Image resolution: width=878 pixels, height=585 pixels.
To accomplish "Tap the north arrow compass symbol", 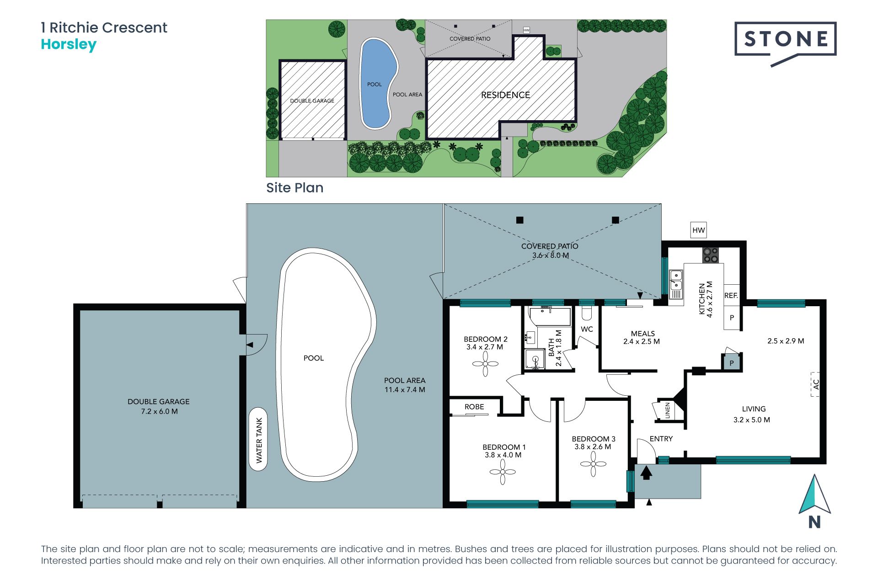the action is click(814, 501).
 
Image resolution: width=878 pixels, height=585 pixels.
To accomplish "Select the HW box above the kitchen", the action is click(698, 230).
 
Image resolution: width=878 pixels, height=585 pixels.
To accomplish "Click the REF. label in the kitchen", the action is click(731, 296).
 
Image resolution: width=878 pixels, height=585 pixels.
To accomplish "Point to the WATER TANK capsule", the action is click(258, 439).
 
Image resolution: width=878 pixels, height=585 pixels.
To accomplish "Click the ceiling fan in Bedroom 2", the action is click(485, 364).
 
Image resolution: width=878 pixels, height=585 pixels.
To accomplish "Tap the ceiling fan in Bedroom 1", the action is click(503, 472).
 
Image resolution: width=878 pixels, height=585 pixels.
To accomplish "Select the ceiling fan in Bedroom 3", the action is click(593, 463).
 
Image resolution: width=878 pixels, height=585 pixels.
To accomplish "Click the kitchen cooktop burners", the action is click(711, 255).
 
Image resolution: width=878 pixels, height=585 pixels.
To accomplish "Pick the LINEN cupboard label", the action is click(668, 410).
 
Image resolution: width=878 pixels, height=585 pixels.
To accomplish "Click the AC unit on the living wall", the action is click(815, 384).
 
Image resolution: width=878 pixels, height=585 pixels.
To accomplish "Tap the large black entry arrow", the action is click(646, 472).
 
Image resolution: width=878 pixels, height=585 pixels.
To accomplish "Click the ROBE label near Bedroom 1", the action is click(474, 407).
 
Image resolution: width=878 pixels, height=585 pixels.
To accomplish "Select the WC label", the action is click(587, 329).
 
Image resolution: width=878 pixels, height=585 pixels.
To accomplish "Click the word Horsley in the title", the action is click(69, 45).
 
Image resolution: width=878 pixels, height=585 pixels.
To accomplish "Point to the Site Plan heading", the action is click(295, 188).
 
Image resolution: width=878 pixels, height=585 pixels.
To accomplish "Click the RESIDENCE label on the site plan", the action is click(505, 95).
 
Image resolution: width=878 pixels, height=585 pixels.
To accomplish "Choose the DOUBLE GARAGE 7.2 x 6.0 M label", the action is click(159, 406).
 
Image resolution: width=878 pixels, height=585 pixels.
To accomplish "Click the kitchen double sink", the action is click(676, 281).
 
